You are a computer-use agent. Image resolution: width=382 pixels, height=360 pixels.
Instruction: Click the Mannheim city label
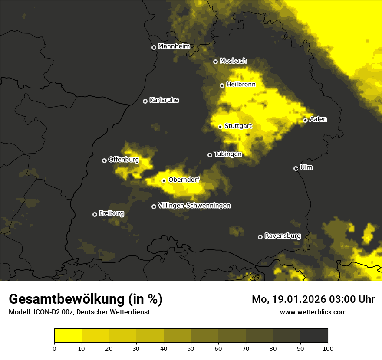pos(174,46)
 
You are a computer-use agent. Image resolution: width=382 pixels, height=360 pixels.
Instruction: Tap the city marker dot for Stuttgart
pos(220,127)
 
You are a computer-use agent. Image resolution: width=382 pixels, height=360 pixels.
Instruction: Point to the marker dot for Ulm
pos(296,168)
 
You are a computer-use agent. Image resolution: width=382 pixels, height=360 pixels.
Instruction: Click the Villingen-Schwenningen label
pos(194,206)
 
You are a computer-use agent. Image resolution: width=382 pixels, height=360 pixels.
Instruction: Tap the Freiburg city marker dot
pos(95,214)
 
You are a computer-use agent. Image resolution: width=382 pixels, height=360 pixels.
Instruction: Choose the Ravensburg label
pos(283,236)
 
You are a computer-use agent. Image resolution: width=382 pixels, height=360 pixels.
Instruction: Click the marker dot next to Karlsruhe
pos(145,101)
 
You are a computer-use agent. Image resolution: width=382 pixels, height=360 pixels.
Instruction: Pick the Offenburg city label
pos(124,160)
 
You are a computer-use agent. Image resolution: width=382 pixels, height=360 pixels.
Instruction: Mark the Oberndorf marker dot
pos(164,180)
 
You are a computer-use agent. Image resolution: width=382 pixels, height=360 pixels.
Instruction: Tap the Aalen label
pos(318,119)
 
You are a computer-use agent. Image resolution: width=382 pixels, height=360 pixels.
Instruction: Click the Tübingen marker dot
pos(210,155)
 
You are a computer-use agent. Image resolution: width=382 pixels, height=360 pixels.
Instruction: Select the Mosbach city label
pos(233,61)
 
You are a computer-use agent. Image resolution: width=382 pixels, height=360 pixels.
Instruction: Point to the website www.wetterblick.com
pos(313,312)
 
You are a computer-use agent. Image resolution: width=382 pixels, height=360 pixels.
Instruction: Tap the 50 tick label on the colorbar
pos(191,348)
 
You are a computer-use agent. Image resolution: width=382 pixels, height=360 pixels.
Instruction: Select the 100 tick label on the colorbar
pos(327,348)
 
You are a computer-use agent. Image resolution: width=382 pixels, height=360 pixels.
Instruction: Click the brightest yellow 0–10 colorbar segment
pos(68,336)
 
